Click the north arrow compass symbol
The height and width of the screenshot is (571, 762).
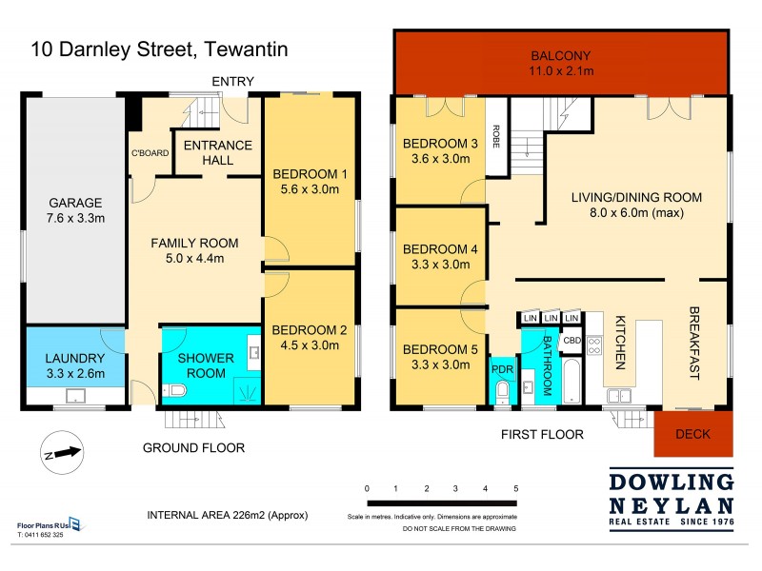[59, 453]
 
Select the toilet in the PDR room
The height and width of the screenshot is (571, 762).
[502, 389]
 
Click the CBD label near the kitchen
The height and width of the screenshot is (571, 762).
[571, 340]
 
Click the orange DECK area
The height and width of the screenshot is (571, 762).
[693, 434]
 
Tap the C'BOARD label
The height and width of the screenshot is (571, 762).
[150, 152]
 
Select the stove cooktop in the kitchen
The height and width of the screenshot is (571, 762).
[595, 346]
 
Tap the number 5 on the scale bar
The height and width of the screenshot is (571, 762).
[515, 488]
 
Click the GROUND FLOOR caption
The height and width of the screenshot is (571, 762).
[193, 447]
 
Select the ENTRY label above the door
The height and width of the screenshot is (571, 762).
[231, 82]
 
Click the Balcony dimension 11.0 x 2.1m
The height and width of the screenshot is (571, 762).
[562, 70]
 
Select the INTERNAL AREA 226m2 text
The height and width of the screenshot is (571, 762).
[227, 515]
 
